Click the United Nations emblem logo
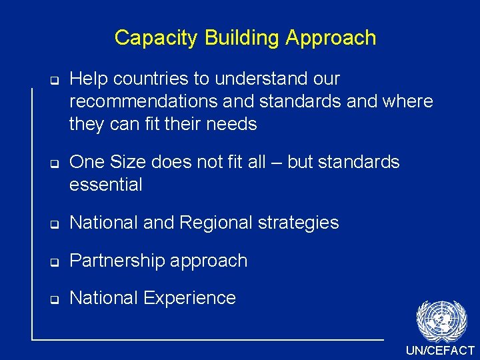click(441, 321)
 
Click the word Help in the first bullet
click(88, 79)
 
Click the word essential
click(106, 185)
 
